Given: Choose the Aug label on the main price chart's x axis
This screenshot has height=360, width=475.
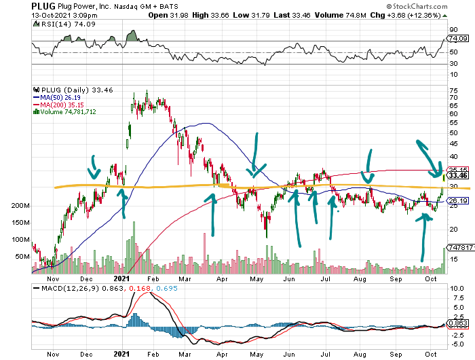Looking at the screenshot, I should click(359, 278).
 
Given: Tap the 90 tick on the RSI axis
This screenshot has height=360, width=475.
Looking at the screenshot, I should click(453, 29).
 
